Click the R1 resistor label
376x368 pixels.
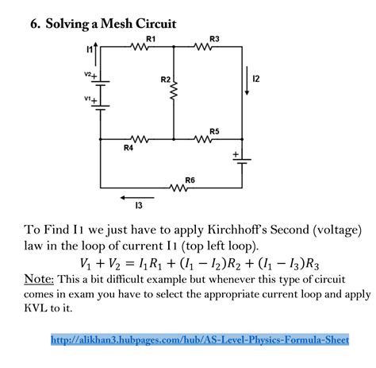[151, 37]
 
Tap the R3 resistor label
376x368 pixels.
[214, 37]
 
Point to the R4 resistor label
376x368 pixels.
[129, 147]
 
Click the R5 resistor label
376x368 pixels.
[214, 130]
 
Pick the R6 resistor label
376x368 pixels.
[190, 180]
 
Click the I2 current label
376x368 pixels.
[256, 79]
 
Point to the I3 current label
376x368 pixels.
[139, 207]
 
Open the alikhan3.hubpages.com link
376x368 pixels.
[200, 339]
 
